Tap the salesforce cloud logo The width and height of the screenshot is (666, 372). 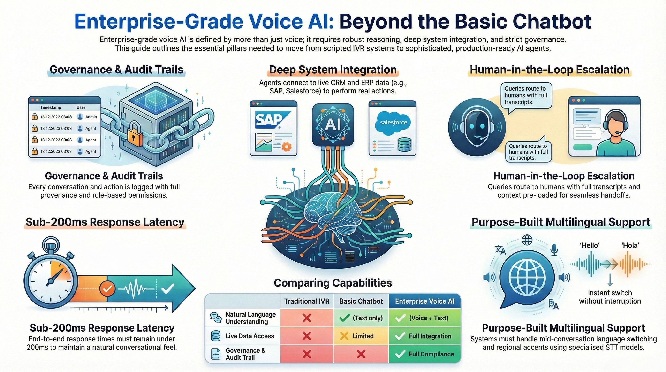pyautogui.click(x=393, y=123)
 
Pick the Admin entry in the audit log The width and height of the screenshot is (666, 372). pyautogui.click(x=91, y=117)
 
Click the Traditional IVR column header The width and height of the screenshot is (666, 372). pyautogui.click(x=307, y=301)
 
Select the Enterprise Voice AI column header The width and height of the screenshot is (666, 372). pyautogui.click(x=424, y=301)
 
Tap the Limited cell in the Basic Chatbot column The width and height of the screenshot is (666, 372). pyautogui.click(x=361, y=336)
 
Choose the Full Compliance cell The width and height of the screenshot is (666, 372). pyautogui.click(x=425, y=354)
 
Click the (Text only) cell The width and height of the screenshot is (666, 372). pyautogui.click(x=361, y=318)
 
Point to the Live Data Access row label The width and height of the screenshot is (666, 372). pyautogui.click(x=250, y=336)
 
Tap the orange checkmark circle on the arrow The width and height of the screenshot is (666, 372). pyautogui.click(x=107, y=288)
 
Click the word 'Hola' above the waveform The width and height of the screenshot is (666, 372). pyautogui.click(x=630, y=245)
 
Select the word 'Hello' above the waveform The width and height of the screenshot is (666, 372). pyautogui.click(x=590, y=245)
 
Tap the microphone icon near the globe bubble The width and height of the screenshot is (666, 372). pyautogui.click(x=554, y=250)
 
